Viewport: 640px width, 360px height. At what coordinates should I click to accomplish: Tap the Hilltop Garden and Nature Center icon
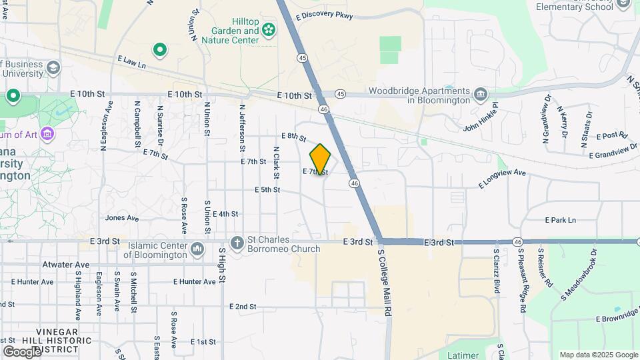click(268, 29)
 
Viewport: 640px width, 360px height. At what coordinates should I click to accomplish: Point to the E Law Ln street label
click(131, 62)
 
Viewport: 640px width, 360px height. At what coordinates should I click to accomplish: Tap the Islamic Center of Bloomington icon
click(197, 249)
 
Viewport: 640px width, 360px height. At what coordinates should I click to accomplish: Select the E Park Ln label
click(560, 219)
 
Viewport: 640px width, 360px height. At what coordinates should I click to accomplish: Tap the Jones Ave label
click(122, 217)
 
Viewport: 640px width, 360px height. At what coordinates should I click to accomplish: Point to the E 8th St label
click(293, 137)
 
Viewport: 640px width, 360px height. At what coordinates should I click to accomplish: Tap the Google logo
click(22, 351)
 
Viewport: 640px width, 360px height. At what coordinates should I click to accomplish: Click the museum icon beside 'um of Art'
click(47, 135)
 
